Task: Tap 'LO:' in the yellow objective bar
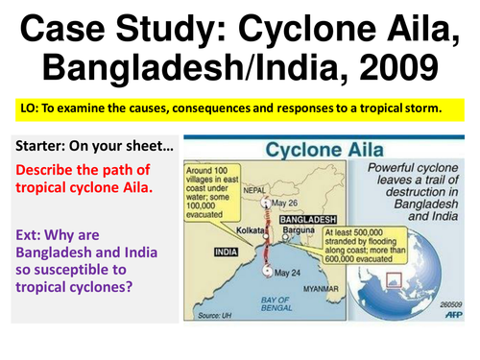click(x=25, y=108)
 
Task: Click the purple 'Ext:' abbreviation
click(x=34, y=229)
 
